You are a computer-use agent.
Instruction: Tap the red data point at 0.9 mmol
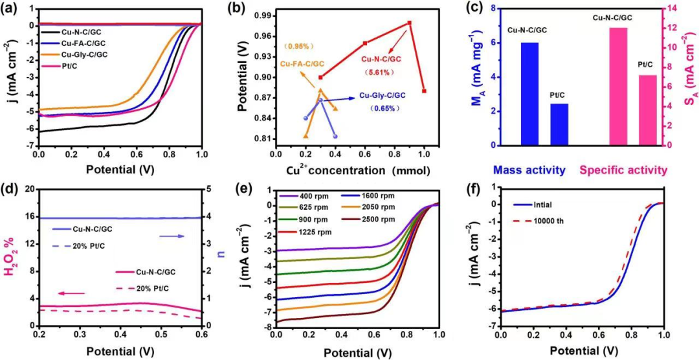[x=410, y=23]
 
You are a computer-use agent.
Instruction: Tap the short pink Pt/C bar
[x=647, y=110]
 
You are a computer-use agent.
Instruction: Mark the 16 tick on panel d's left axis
[x=28, y=216]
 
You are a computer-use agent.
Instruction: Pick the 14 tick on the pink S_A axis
[x=676, y=8]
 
